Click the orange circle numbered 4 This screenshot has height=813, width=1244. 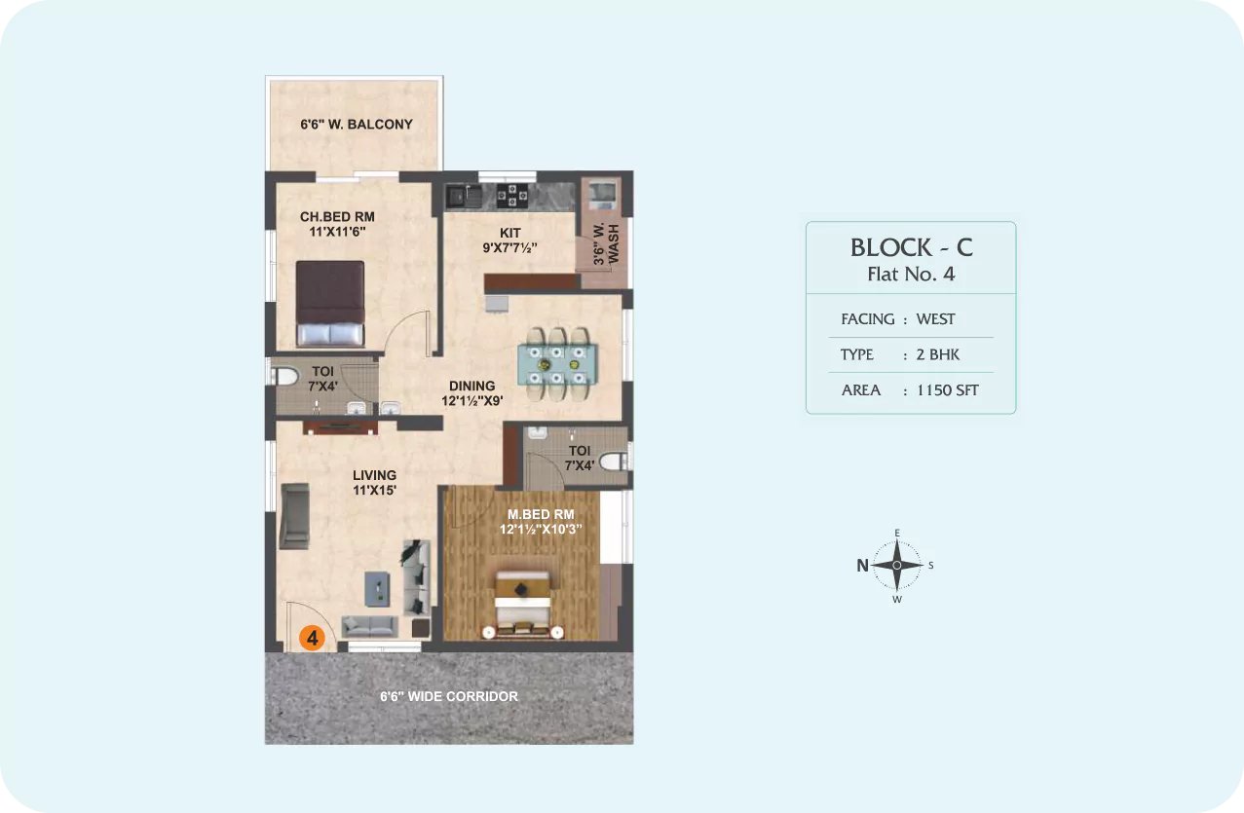(312, 638)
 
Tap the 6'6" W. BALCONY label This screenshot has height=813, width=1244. (357, 125)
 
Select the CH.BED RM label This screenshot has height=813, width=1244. (337, 216)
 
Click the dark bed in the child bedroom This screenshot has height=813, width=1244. (330, 304)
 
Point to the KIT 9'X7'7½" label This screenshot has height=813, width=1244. (509, 240)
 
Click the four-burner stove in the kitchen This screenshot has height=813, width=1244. (512, 196)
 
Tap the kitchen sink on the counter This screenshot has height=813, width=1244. (464, 196)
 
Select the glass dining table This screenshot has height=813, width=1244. (557, 364)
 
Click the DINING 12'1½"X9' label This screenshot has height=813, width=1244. (472, 393)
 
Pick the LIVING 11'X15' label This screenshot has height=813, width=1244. (374, 482)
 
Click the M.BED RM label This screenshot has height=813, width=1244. (541, 514)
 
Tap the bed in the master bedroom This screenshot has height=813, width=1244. (522, 604)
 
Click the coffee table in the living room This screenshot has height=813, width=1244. (377, 589)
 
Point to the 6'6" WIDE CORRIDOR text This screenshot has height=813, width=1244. (449, 696)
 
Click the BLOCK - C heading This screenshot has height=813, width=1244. (912, 247)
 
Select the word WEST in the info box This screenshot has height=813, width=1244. (936, 319)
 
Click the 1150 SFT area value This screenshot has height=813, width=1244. (948, 390)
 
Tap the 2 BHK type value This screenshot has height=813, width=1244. (938, 354)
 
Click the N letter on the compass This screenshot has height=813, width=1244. (862, 566)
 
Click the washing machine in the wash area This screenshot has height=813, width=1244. (603, 194)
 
